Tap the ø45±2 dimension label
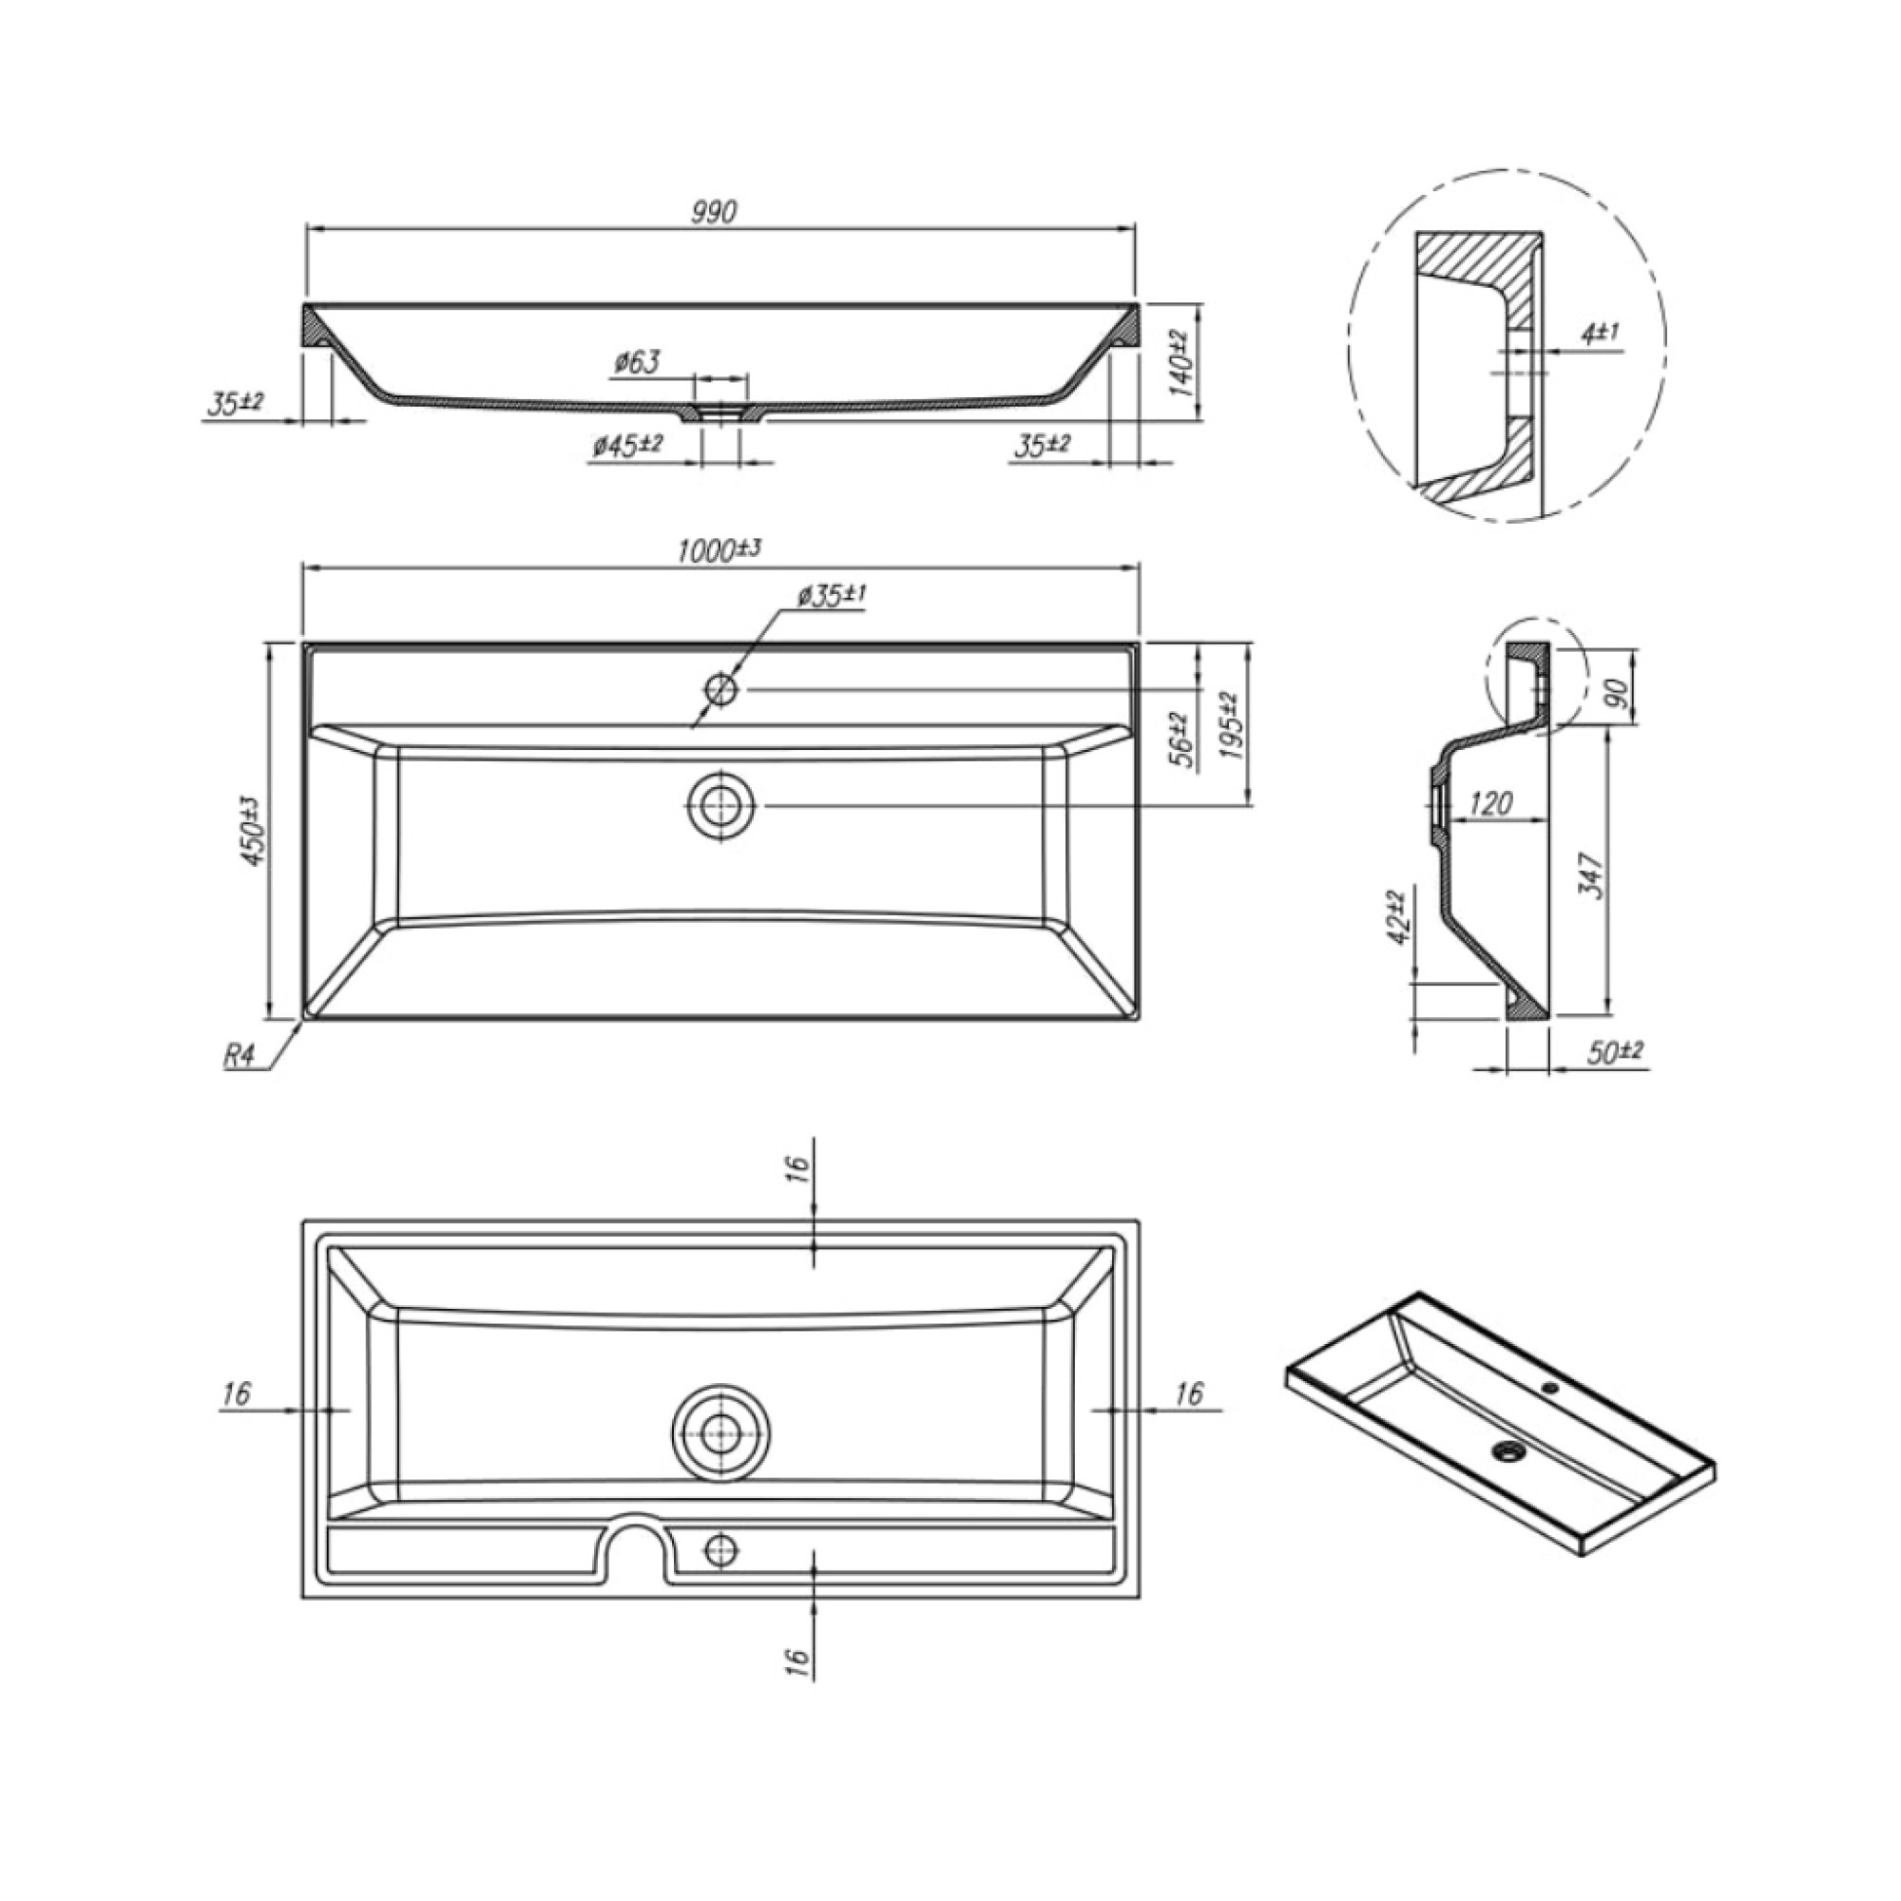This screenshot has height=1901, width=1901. pyautogui.click(x=627, y=446)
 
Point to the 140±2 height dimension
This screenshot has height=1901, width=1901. pyautogui.click(x=1181, y=361)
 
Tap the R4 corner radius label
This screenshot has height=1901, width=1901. pyautogui.click(x=240, y=1056)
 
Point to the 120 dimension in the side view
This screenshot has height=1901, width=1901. pyautogui.click(x=1489, y=804)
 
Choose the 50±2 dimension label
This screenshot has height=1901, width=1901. pyautogui.click(x=1615, y=1053)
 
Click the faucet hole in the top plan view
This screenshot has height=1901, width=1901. pyautogui.click(x=721, y=690)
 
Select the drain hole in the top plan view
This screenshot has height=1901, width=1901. pyautogui.click(x=721, y=805)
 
